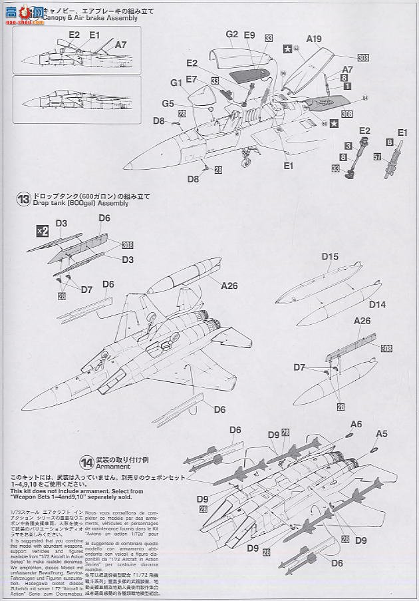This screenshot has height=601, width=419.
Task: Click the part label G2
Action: pyautogui.click(x=231, y=34)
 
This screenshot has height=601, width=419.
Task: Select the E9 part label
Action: pyautogui.click(x=249, y=35)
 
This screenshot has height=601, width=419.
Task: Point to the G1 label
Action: pyautogui.click(x=176, y=83)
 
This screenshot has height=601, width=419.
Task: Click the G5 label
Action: pyautogui.click(x=168, y=104)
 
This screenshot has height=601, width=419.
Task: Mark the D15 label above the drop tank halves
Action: pyautogui.click(x=330, y=256)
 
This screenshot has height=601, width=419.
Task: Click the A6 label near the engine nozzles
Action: pyautogui.click(x=356, y=424)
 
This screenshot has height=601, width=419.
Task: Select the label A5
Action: pyautogui.click(x=381, y=433)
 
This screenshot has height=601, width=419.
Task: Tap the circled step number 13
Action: pyautogui.click(x=23, y=198)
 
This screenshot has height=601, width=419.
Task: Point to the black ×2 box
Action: pyautogui.click(x=42, y=231)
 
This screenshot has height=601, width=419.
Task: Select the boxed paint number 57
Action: pyautogui.click(x=377, y=158)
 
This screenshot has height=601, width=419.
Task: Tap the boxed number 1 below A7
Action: pyautogui.click(x=347, y=87)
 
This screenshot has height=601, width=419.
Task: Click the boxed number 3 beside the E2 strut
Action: pyautogui.click(x=348, y=145)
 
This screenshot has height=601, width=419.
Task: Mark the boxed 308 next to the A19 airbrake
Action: pyautogui.click(x=364, y=58)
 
